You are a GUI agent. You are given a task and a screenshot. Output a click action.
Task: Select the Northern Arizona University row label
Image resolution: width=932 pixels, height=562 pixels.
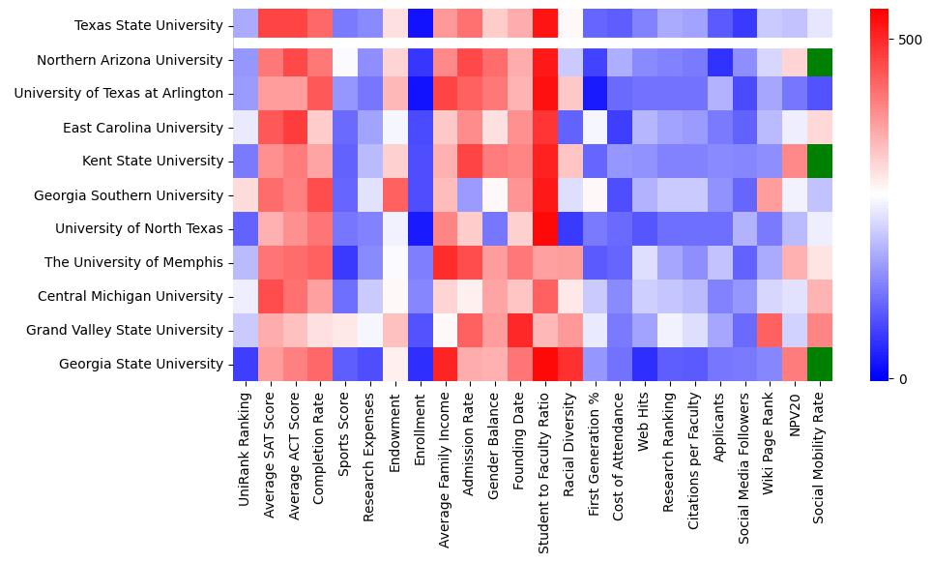[x=130, y=60]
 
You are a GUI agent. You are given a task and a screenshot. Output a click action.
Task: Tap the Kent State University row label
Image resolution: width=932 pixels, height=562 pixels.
[x=150, y=162]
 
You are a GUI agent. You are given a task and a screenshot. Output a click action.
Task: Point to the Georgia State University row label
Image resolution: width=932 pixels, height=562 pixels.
[x=140, y=364]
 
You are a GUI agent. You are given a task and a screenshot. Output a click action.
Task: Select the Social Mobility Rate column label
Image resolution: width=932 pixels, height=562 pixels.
[x=819, y=455]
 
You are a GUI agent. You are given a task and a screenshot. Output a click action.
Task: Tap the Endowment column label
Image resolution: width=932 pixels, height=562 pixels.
[x=394, y=427]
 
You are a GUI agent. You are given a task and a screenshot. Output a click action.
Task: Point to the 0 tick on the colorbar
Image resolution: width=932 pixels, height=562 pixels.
[x=903, y=378]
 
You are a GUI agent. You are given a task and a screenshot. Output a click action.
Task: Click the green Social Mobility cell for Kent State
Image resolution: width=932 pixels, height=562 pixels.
[x=819, y=162]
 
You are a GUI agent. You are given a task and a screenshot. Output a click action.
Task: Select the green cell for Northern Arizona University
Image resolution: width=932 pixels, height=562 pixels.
[x=819, y=60]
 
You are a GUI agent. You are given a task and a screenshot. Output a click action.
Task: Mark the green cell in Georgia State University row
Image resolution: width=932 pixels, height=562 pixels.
[x=819, y=364]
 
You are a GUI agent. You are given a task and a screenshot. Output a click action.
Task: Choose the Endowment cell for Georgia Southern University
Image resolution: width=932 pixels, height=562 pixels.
[x=394, y=195]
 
